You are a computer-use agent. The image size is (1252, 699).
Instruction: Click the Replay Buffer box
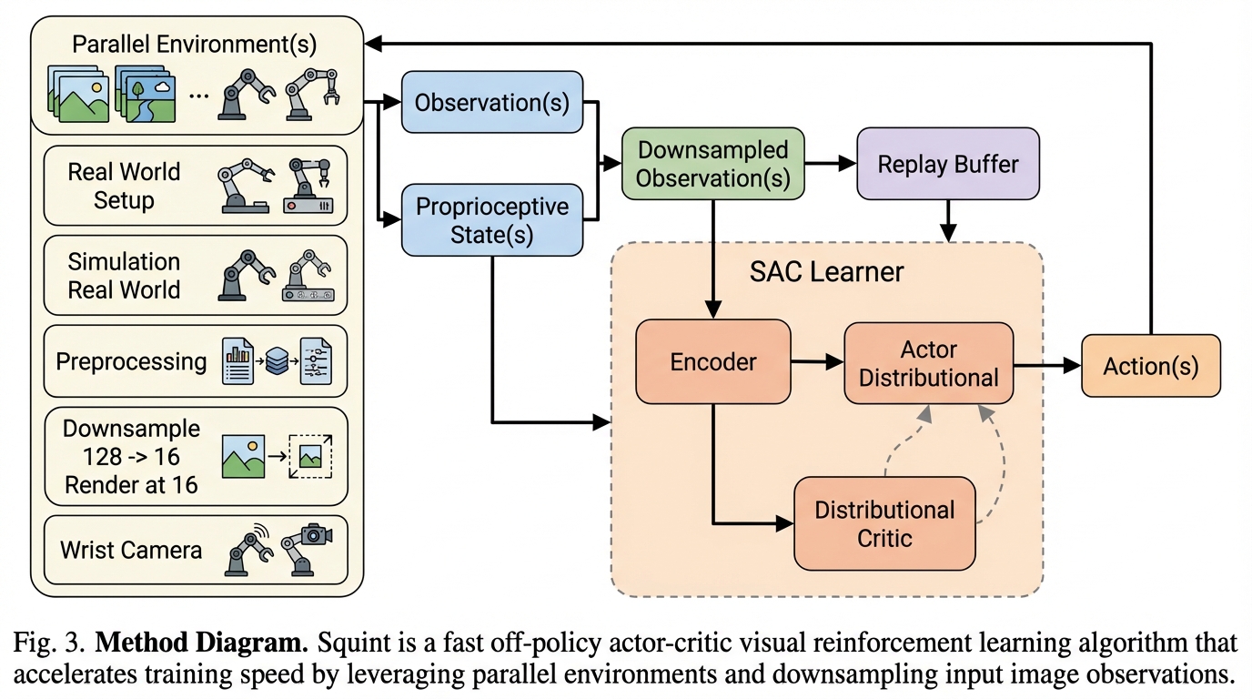coord(948,165)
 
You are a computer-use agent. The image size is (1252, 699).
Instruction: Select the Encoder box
coord(712,361)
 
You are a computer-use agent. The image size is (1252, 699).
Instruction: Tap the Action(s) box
coord(1150,366)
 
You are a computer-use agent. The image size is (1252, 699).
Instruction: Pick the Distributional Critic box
coord(884,523)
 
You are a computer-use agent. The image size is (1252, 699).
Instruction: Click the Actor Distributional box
coord(928,363)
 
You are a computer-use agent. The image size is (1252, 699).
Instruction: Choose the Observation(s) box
coord(491,102)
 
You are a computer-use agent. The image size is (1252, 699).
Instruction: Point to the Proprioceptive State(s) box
coord(491,219)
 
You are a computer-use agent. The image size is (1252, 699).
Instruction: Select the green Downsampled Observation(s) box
coord(712,165)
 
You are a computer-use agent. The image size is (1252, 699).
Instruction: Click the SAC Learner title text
coord(826,271)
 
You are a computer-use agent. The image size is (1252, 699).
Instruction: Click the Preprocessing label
coord(131,361)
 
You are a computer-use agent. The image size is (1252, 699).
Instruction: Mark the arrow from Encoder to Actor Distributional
coord(817,363)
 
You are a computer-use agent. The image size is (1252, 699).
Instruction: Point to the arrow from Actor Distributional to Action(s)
coord(1046,366)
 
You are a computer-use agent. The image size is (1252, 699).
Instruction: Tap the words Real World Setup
coord(124,186)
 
